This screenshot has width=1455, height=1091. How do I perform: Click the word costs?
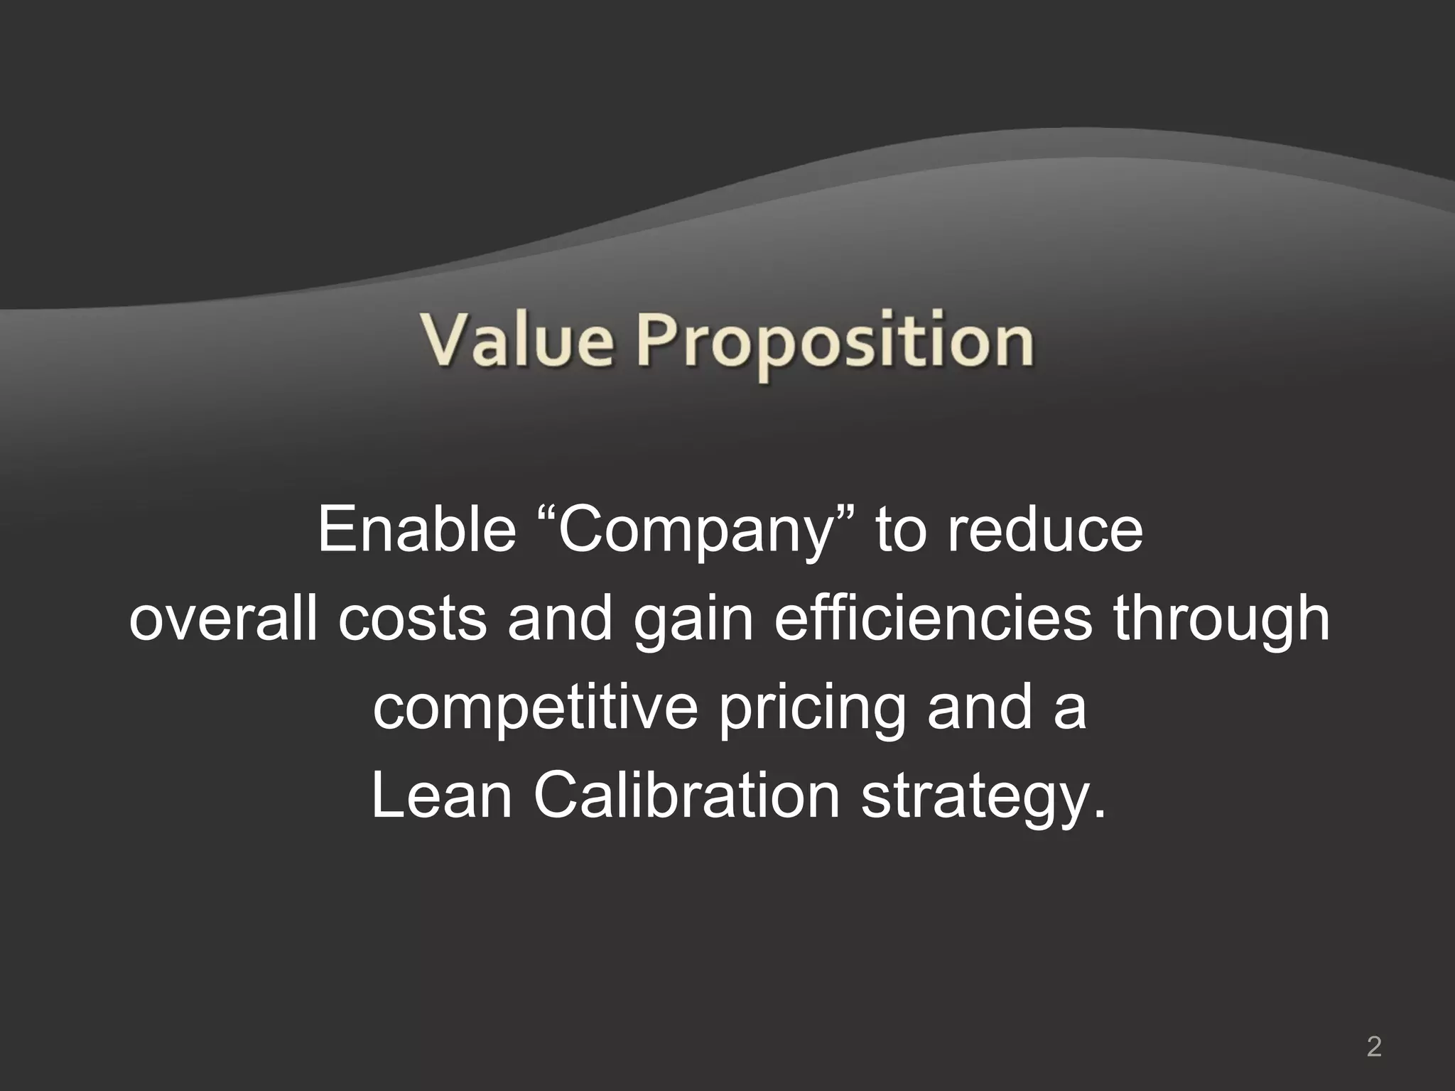point(412,619)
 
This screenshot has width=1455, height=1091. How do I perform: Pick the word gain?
point(692,621)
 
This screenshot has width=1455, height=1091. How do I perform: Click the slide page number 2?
point(1374,1027)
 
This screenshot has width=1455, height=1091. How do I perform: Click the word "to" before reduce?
point(902,531)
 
